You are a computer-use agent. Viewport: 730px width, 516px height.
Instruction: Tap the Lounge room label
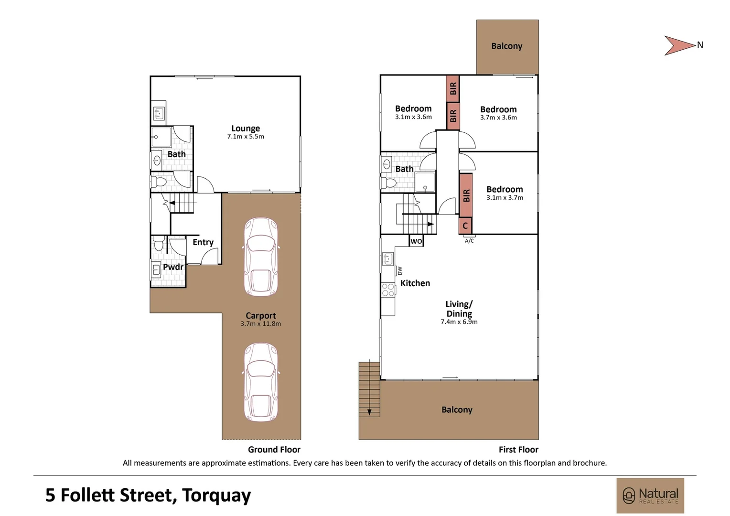pos(246,129)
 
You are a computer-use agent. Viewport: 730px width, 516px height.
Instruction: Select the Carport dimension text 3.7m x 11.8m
pos(260,324)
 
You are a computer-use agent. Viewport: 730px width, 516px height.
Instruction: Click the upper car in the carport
pos(261,257)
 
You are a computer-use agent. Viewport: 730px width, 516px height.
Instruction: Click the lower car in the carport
pos(261,382)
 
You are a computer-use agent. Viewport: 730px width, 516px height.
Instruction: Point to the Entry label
pos(203,242)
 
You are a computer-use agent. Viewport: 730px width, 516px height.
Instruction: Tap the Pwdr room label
pos(173,267)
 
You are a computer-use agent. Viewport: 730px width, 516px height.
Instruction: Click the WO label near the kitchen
pos(416,241)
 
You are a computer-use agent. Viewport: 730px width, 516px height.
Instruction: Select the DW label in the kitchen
pos(400,271)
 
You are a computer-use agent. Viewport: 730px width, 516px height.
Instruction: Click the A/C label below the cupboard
pos(469,241)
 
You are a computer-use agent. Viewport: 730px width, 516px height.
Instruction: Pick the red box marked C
pos(465,226)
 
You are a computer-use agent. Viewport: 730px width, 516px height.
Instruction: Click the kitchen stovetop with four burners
pos(388,290)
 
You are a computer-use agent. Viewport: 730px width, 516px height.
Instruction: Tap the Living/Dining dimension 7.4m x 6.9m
pos(459,322)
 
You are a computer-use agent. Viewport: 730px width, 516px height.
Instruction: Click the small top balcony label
pos(506,46)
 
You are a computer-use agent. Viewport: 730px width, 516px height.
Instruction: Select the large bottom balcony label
pos(457,410)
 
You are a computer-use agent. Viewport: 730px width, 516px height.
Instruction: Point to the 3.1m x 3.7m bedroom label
pos(505,190)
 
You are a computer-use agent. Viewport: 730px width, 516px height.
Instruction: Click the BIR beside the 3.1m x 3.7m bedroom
pos(466,195)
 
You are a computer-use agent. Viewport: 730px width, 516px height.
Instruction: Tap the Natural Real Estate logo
pos(650,495)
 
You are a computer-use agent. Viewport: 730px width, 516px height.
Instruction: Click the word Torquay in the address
pos(216,495)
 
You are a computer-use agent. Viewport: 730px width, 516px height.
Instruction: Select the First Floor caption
pos(518,450)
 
